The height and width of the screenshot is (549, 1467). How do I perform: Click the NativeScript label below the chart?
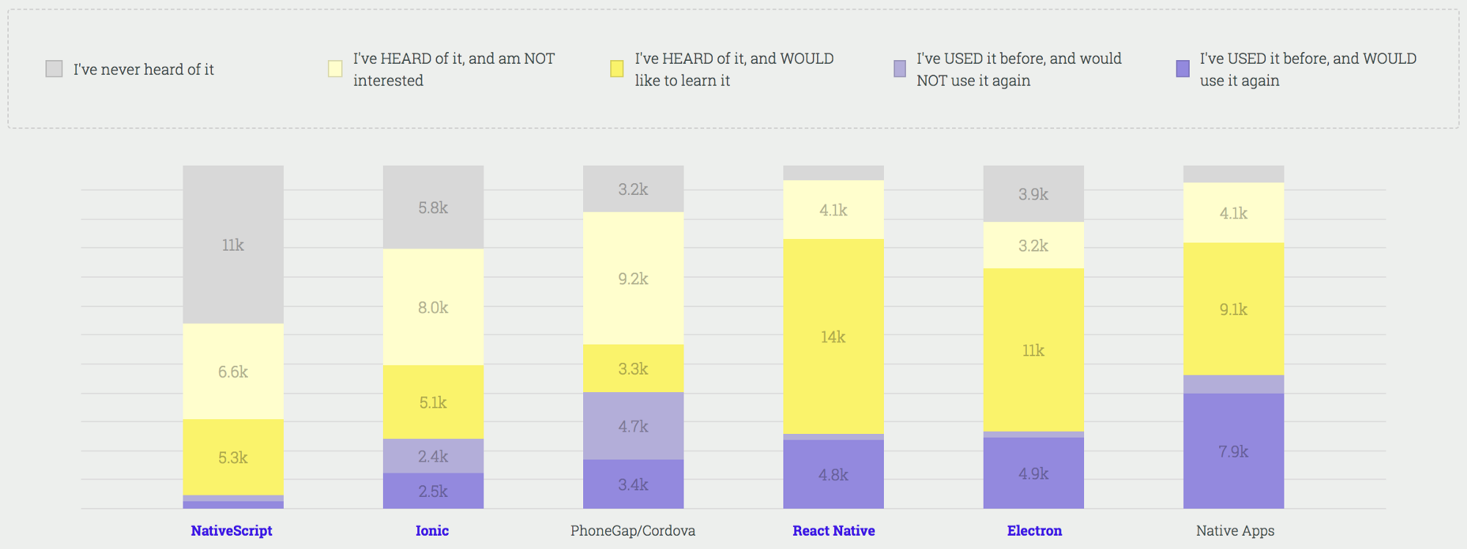tap(231, 531)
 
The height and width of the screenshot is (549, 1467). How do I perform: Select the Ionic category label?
tap(432, 531)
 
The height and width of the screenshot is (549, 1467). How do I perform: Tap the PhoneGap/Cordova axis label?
tap(632, 531)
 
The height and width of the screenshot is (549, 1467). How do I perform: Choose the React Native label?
tap(833, 531)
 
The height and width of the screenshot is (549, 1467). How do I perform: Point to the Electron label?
tap(1034, 531)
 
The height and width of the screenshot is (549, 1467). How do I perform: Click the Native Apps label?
tap(1235, 531)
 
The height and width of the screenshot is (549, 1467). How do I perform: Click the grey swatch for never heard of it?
tap(54, 69)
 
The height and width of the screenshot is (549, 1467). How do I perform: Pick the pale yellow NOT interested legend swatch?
tap(335, 69)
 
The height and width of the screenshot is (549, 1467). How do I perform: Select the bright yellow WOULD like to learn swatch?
tap(617, 69)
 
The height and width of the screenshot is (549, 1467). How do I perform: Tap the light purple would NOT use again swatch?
tap(899, 69)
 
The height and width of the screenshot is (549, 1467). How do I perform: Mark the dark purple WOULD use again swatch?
tap(1182, 69)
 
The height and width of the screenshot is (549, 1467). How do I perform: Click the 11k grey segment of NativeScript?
tap(233, 245)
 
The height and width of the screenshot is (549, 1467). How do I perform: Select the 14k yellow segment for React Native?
tap(833, 336)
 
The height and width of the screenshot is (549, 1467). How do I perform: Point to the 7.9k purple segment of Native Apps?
tap(1233, 452)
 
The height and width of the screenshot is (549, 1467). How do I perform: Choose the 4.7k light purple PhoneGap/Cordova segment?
tap(633, 426)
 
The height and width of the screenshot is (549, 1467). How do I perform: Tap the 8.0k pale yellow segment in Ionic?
tap(433, 307)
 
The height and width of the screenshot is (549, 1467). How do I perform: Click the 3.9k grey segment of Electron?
tap(1033, 194)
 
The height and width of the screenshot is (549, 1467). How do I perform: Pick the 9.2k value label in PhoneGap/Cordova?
tap(633, 279)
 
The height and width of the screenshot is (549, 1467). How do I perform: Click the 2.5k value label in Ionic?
tap(433, 491)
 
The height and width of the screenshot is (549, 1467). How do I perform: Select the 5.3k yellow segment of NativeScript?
tap(233, 457)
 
